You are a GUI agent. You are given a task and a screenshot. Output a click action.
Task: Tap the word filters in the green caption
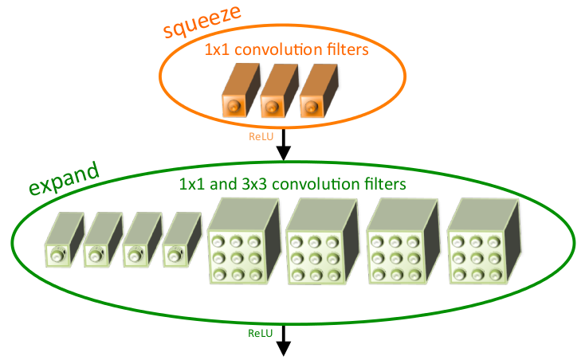(382, 184)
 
